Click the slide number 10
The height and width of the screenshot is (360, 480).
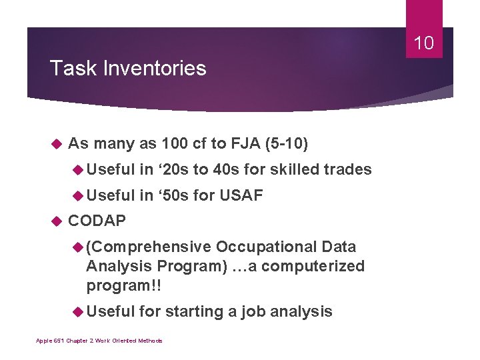pyautogui.click(x=424, y=43)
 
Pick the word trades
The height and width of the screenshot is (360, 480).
pyautogui.click(x=347, y=169)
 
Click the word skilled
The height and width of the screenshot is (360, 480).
pyautogui.click(x=294, y=169)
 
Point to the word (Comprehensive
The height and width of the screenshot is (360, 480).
pyautogui.click(x=147, y=247)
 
